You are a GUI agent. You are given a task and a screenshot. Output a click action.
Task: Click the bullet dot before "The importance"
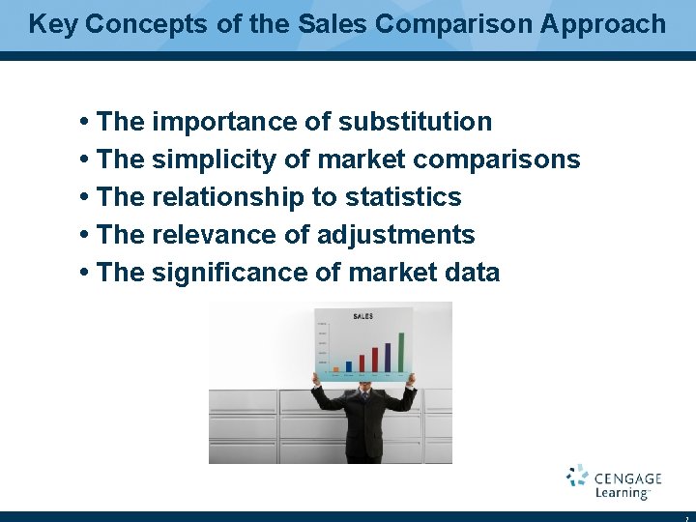coord(86,123)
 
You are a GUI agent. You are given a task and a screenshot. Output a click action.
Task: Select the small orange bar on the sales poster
coord(335,368)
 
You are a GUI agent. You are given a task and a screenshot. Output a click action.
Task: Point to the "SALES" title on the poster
coord(363,316)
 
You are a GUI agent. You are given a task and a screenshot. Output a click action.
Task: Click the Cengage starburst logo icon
coord(577,476)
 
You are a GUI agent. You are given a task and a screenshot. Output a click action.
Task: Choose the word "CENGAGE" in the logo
coord(627,478)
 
